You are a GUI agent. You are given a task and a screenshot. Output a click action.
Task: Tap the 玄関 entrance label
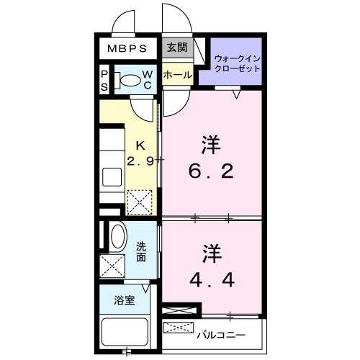tap(176, 48)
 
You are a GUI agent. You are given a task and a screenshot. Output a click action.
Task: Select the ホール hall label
tap(176, 75)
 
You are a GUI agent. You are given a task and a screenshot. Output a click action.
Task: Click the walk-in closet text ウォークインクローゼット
tap(237, 63)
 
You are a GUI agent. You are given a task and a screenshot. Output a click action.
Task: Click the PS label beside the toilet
tap(104, 80)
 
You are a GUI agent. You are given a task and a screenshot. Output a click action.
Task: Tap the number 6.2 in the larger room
tap(211, 173)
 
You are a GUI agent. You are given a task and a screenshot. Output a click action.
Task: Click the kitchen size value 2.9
tap(140, 161)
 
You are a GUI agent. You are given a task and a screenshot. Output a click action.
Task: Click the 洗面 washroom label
tap(143, 251)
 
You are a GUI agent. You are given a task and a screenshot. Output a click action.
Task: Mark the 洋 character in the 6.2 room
tap(210, 145)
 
